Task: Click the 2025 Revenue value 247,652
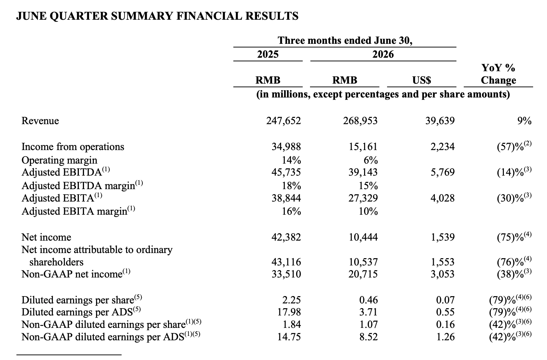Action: (283, 121)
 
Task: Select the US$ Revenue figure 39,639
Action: (440, 121)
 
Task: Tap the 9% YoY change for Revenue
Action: (524, 121)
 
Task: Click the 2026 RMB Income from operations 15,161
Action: (363, 147)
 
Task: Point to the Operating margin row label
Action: (60, 160)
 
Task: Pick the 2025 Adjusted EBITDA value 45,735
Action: (286, 172)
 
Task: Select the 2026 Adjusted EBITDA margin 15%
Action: (368, 186)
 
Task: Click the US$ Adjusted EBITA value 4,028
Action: (443, 198)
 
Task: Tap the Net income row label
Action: (46, 237)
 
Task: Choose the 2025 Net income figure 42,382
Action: (286, 237)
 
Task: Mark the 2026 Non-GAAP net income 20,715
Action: (363, 274)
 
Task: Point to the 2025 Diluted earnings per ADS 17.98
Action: (289, 312)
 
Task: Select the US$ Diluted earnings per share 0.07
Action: (445, 300)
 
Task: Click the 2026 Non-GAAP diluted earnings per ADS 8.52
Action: (368, 337)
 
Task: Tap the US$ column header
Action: (422, 80)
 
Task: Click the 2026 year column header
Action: (383, 54)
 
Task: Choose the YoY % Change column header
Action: (498, 74)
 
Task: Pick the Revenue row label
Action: (40, 121)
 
